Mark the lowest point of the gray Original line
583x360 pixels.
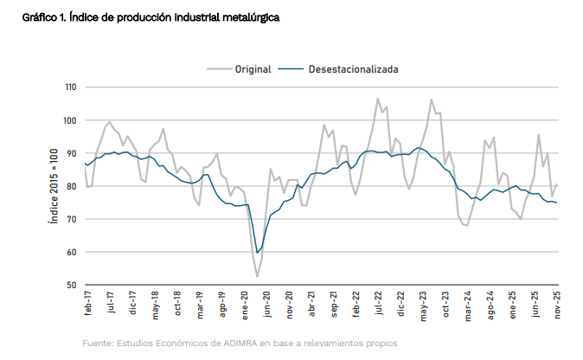click(257, 276)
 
